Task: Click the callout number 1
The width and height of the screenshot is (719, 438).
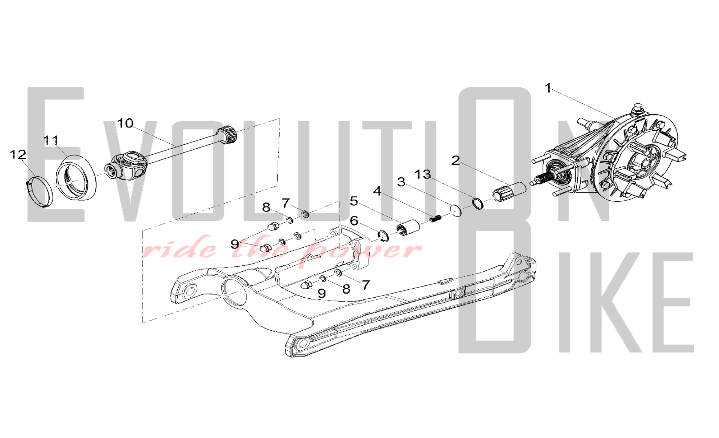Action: click(x=548, y=88)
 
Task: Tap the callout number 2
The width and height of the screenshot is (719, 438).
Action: click(x=455, y=160)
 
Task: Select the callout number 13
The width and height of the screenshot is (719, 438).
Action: click(x=423, y=174)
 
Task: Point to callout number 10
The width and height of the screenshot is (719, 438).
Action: click(x=125, y=123)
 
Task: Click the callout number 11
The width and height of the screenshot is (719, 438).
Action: click(x=51, y=140)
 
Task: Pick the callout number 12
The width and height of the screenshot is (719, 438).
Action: click(x=18, y=155)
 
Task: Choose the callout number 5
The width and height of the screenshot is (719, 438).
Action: click(x=354, y=201)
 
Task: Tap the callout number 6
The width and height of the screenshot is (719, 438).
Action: click(x=354, y=221)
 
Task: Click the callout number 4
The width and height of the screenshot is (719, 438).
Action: click(x=377, y=191)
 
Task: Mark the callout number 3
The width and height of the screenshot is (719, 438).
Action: click(x=401, y=182)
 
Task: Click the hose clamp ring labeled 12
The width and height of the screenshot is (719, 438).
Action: click(x=40, y=192)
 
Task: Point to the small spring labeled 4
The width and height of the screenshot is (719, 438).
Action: click(x=435, y=218)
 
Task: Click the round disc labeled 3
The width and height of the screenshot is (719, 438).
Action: click(x=456, y=211)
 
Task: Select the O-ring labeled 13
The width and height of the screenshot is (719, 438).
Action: click(x=478, y=203)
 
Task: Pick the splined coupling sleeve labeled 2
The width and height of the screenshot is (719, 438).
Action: click(x=509, y=192)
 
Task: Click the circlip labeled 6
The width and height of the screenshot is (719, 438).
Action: click(x=383, y=236)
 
